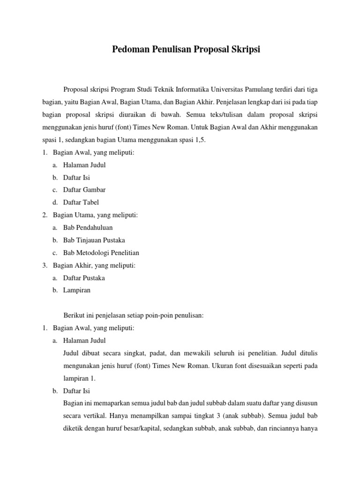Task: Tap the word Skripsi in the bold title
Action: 244,49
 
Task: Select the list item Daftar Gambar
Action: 84,190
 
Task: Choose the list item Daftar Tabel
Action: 81,202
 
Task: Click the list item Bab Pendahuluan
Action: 88,227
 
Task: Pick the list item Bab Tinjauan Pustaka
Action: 94,240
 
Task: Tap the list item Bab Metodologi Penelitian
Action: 101,253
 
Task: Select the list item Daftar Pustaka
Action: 84,277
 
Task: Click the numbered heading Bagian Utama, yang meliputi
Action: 96,215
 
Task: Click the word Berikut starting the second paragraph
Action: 74,315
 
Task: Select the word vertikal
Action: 100,415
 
